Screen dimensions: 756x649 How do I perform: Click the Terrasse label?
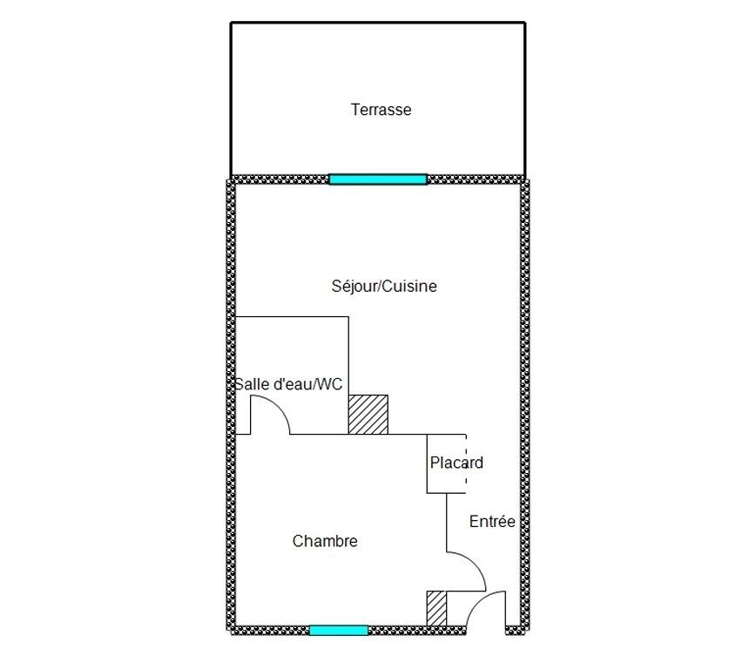[x=381, y=110]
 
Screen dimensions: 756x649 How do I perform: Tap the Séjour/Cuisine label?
[x=384, y=286]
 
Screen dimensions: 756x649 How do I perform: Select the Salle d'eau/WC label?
[x=288, y=384]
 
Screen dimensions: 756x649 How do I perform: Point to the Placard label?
[x=456, y=463]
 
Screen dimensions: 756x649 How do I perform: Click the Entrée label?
[x=492, y=521]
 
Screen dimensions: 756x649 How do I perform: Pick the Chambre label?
[x=325, y=541]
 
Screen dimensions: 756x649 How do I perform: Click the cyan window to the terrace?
[x=378, y=179]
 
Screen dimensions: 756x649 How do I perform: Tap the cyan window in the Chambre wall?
[x=339, y=630]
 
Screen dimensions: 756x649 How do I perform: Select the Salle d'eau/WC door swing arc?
[x=279, y=406]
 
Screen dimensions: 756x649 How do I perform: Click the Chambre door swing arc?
[x=475, y=564]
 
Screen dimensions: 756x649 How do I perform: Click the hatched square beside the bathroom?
[x=368, y=415]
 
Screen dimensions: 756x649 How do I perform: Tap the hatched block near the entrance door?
[x=437, y=609]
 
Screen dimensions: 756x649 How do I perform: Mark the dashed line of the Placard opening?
[x=466, y=463]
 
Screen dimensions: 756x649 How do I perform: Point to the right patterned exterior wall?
[x=524, y=405]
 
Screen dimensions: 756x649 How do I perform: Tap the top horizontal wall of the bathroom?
[x=292, y=317]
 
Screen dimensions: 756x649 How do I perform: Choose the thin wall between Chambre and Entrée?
[x=447, y=523]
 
